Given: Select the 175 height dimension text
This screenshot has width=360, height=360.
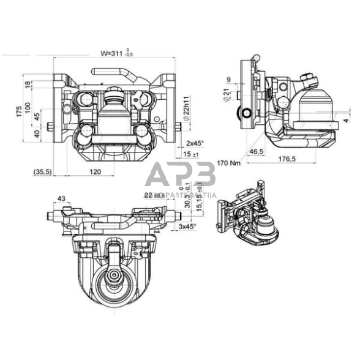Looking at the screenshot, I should (x=19, y=111).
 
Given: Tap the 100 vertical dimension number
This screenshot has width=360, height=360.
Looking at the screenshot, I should (x=28, y=107).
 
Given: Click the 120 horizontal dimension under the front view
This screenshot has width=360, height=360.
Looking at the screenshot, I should (x=95, y=172).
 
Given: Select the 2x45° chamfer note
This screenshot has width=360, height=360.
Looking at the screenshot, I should (x=195, y=143).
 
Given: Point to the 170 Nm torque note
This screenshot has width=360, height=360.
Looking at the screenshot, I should (x=229, y=163).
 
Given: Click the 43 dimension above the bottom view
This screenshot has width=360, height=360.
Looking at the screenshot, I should (x=61, y=198).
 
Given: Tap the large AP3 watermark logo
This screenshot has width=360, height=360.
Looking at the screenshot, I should (x=180, y=176).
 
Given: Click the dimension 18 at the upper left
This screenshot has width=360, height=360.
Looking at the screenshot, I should (x=28, y=84).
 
